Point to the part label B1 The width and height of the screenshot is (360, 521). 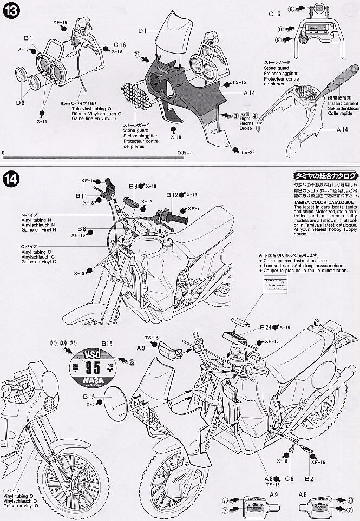(x=28, y=38)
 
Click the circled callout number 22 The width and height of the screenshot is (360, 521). (x=138, y=54)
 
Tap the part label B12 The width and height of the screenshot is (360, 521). (x=172, y=195)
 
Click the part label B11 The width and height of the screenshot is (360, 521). (x=81, y=195)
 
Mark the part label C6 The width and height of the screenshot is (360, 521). (x=289, y=478)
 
